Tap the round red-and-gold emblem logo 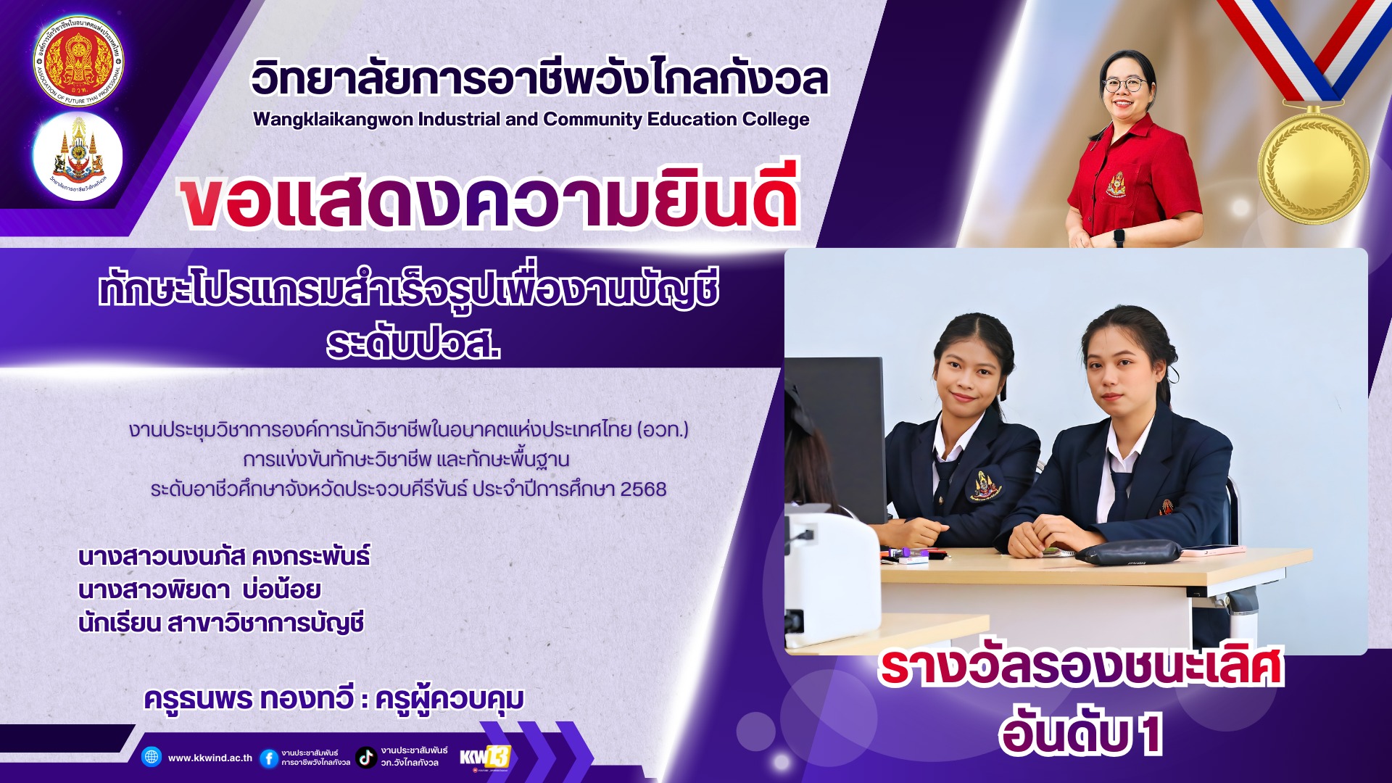[78, 62]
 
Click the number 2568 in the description [643, 489]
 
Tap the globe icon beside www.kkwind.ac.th [152, 757]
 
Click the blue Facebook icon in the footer [268, 758]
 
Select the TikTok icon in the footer [366, 758]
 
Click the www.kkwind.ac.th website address [210, 758]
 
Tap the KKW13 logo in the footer [485, 757]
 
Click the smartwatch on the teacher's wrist [1119, 237]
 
